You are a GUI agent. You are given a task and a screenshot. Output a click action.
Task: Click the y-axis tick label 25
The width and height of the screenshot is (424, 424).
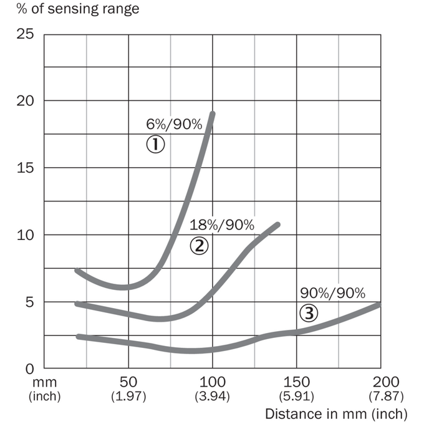(x=25, y=34)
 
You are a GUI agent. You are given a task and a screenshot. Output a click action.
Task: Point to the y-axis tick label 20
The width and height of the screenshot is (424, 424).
(x=25, y=101)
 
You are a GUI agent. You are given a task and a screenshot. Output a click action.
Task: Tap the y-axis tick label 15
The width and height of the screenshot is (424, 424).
(x=25, y=168)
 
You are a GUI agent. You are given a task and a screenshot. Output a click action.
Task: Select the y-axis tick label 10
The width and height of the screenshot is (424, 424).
(x=25, y=235)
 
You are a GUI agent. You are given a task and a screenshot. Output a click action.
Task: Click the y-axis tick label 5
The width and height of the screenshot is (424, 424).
(x=30, y=302)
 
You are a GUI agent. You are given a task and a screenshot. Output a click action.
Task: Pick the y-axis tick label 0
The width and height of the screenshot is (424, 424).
(x=30, y=369)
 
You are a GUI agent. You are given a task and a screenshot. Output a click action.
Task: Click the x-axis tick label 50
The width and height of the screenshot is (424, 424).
(x=128, y=382)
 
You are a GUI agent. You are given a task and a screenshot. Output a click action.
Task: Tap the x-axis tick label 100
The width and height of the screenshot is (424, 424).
(x=212, y=382)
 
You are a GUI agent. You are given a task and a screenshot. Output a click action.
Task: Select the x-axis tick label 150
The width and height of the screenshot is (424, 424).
(x=296, y=382)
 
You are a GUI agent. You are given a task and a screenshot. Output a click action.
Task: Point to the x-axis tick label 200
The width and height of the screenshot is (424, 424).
(x=386, y=382)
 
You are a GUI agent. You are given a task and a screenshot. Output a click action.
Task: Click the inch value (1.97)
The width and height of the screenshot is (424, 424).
(x=128, y=396)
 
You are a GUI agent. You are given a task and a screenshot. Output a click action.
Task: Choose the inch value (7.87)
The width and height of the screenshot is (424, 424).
(x=386, y=396)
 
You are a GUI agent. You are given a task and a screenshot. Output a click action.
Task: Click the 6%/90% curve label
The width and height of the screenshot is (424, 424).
(x=174, y=124)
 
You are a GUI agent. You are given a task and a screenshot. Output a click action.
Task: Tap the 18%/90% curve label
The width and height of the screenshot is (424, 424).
(x=222, y=225)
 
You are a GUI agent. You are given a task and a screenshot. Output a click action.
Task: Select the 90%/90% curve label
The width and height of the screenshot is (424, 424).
(x=332, y=294)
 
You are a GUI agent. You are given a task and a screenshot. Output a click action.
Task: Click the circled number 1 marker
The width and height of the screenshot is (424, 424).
(x=155, y=144)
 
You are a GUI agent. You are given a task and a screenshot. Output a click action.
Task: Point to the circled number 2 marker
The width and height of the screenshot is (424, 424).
(x=199, y=246)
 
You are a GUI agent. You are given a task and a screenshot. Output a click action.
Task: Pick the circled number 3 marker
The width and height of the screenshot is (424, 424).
(x=309, y=313)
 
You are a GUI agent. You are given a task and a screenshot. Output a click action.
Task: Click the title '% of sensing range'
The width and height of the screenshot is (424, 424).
(x=78, y=9)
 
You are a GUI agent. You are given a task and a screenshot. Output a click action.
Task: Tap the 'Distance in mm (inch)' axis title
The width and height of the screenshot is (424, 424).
(x=336, y=414)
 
